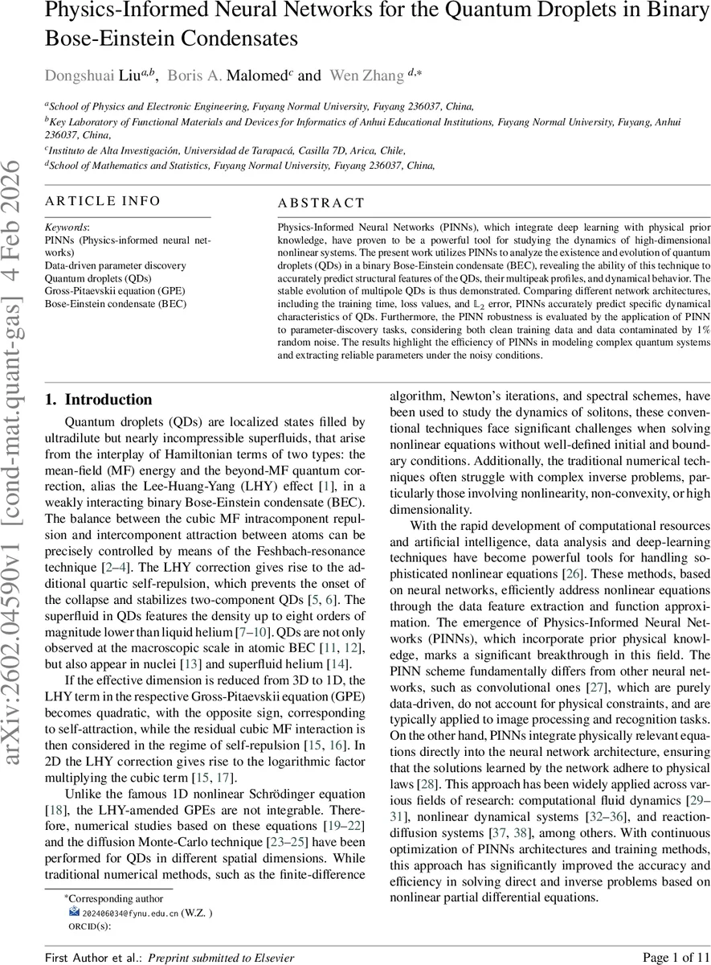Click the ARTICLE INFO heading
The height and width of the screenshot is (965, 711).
pos(102,202)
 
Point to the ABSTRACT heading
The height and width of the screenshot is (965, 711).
pos(321,203)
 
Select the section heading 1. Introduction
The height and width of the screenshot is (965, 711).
pos(99,400)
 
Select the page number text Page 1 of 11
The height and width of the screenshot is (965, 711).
pos(655,957)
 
